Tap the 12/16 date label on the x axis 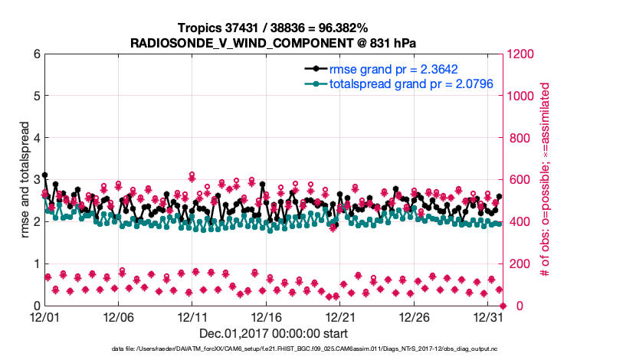267,317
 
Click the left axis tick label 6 34,54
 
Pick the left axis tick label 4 34,138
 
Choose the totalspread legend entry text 400,83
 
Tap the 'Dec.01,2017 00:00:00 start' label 274,333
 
